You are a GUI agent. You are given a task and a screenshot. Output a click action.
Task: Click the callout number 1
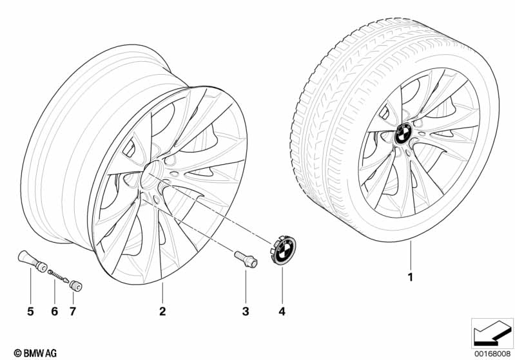coord(410,278)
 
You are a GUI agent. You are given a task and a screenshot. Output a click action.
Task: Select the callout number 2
coord(162,311)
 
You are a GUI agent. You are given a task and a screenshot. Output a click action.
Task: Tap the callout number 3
coord(246,311)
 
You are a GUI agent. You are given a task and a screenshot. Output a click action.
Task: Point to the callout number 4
coord(282,311)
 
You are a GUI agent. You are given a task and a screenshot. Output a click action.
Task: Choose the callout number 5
coord(30,311)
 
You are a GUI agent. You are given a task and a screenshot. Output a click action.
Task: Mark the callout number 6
coord(55,311)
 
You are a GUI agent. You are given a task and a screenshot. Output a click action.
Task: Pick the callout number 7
coord(73,311)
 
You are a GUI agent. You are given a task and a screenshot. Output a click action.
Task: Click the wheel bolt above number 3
coord(246,259)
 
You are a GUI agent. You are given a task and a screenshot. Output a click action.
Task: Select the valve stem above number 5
coord(32,261)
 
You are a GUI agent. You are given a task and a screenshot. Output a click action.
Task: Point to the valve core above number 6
coord(58,276)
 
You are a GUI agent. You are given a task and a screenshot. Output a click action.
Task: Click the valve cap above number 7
coord(75,285)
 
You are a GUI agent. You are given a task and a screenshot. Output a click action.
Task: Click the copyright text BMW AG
coord(35,353)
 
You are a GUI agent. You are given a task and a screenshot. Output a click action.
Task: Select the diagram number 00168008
coord(492,354)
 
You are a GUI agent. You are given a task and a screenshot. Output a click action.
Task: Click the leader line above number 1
coord(410,255)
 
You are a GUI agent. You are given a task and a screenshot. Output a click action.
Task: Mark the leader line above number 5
coord(30,285)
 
